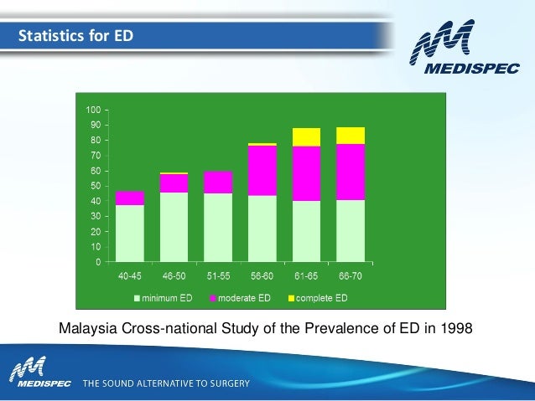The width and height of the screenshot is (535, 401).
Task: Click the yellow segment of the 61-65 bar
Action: (306, 137)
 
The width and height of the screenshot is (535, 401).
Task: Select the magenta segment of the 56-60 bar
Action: (262, 171)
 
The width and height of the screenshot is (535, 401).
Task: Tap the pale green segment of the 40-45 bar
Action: (130, 234)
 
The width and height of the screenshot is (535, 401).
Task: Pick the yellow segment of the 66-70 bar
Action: (351, 136)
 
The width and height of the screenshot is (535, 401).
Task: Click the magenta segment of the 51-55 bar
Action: (218, 183)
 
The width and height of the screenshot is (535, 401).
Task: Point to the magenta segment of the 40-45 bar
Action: (130, 198)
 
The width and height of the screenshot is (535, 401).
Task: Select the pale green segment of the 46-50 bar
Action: (174, 227)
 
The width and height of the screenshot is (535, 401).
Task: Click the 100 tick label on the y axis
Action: (93, 110)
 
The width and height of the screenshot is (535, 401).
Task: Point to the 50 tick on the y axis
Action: (106, 186)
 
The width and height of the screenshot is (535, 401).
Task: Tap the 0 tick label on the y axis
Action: (98, 262)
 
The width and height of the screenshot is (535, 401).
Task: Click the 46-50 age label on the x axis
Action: (174, 275)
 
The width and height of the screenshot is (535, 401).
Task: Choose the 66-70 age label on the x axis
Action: (351, 275)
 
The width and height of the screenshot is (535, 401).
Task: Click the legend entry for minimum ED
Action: (164, 298)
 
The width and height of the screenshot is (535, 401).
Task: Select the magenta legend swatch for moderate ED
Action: (213, 299)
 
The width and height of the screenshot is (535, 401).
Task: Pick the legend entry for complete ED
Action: (318, 298)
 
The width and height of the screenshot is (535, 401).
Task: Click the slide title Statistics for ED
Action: (75, 36)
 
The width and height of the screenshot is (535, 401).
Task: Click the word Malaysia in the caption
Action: (88, 329)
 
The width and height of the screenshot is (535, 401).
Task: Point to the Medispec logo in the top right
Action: (465, 47)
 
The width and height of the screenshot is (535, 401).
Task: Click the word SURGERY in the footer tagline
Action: (230, 383)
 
